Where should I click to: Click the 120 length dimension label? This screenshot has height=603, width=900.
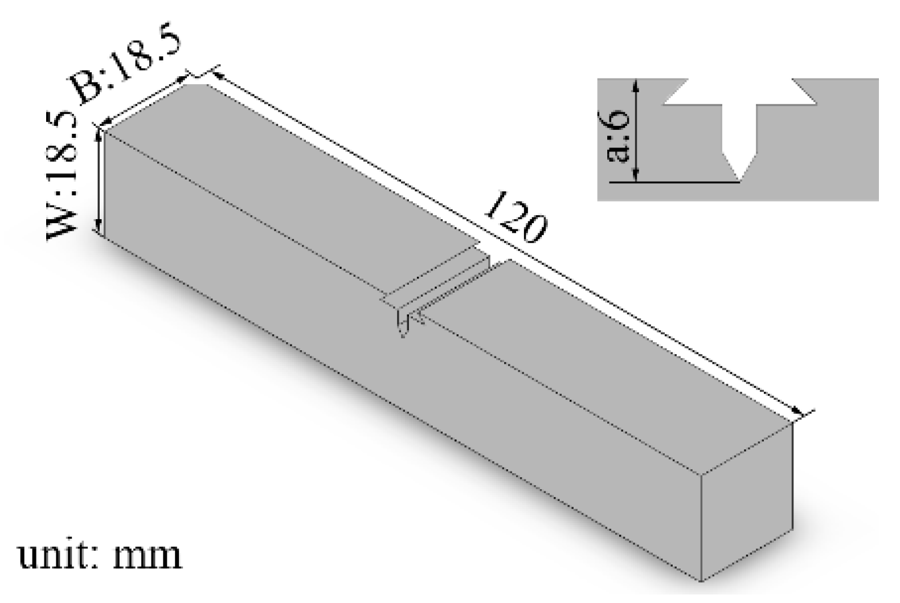pyautogui.click(x=516, y=219)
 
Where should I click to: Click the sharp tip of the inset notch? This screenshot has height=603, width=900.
pyautogui.click(x=740, y=181)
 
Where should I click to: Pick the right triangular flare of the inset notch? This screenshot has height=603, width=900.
pyautogui.click(x=803, y=95)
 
